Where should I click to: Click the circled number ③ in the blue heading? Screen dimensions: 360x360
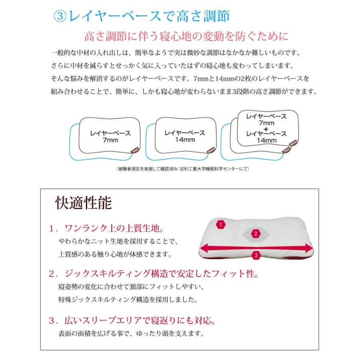(60, 16)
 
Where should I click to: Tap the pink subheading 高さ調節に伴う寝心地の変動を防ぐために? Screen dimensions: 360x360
(186, 36)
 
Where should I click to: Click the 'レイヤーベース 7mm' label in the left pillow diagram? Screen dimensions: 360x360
(110, 137)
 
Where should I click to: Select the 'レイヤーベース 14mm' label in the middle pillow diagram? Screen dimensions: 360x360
(185, 136)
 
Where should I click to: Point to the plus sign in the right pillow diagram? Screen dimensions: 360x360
(266, 129)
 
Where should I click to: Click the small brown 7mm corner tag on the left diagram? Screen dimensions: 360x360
(135, 150)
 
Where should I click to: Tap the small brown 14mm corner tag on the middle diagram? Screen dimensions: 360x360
(211, 150)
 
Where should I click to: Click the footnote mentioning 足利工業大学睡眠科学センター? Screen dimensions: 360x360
(183, 169)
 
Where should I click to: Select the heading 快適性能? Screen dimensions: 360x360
(84, 203)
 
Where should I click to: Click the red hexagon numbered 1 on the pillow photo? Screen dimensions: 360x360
(221, 224)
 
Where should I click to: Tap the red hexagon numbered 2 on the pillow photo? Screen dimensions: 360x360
(256, 234)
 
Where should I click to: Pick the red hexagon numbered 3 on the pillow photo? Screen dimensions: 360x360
(256, 255)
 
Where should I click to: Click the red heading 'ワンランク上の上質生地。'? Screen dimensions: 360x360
(114, 228)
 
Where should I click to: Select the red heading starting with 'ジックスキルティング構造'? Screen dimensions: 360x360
(162, 274)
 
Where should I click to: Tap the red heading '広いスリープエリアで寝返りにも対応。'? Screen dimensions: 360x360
(140, 320)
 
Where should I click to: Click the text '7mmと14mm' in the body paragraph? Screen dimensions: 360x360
(212, 79)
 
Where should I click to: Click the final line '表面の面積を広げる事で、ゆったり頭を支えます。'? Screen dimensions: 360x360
(131, 333)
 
